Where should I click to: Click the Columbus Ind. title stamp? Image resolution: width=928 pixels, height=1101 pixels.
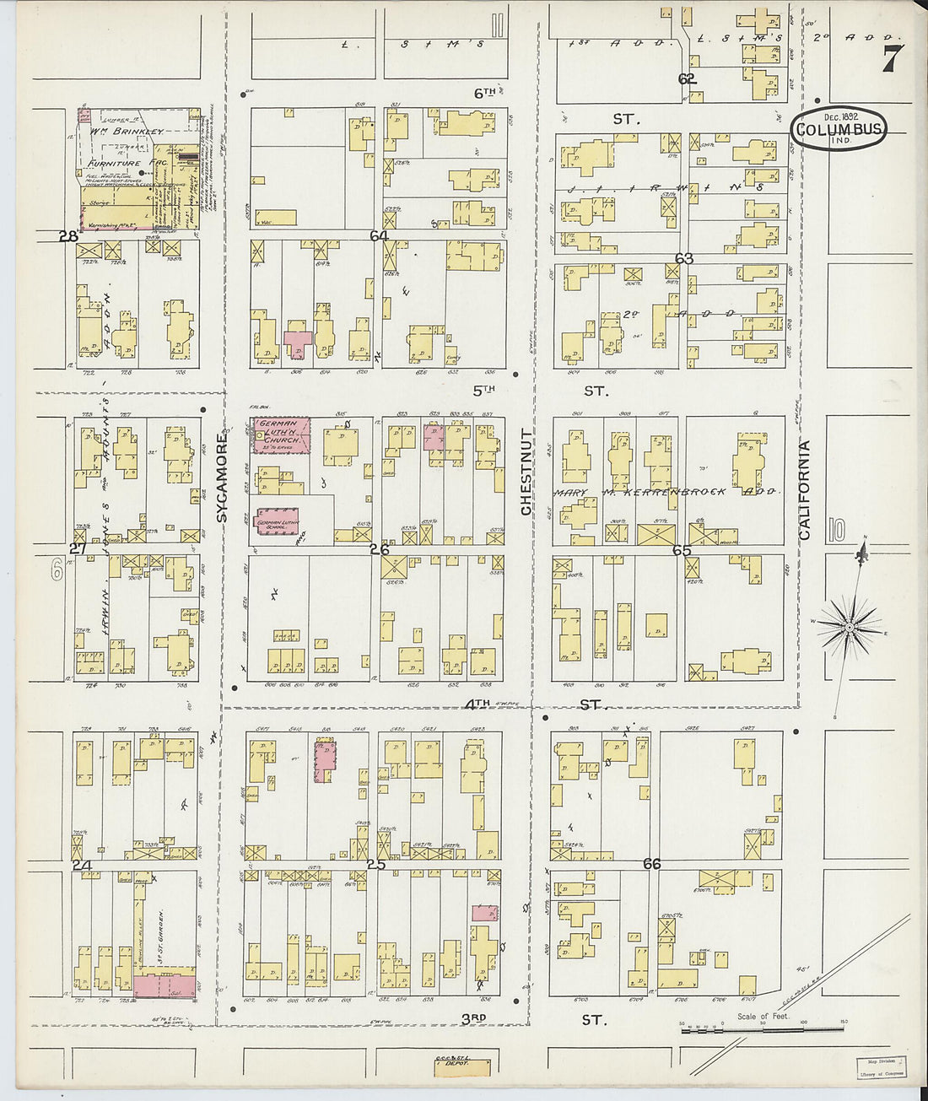coord(839,129)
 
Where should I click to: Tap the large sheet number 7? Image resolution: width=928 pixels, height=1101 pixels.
coord(893,59)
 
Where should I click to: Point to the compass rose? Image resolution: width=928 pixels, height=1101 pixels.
coord(850,626)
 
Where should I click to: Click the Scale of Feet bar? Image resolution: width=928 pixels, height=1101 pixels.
coord(763,1027)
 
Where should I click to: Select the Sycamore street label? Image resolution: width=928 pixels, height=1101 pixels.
coord(224,478)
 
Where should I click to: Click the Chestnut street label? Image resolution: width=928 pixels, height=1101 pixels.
coord(526,472)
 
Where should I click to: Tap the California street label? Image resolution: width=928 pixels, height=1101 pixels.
coord(804,490)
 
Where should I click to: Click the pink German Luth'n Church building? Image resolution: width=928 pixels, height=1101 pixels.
coord(283,435)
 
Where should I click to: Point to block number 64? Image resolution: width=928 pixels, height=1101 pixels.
coord(379,236)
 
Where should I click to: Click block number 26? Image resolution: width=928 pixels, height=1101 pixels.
coord(379,549)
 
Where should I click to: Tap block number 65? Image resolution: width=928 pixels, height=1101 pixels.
coord(682,550)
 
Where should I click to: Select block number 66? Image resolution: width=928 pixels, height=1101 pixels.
coord(651,864)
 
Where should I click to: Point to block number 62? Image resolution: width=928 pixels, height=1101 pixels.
coord(687,79)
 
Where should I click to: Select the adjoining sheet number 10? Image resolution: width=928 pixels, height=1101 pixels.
coord(836,531)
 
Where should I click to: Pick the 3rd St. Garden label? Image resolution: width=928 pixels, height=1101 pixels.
coord(158,936)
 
